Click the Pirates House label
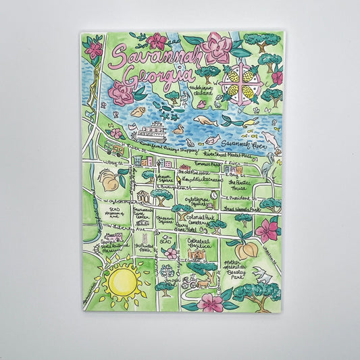click(x=242, y=184)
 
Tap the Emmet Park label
click(x=205, y=163)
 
